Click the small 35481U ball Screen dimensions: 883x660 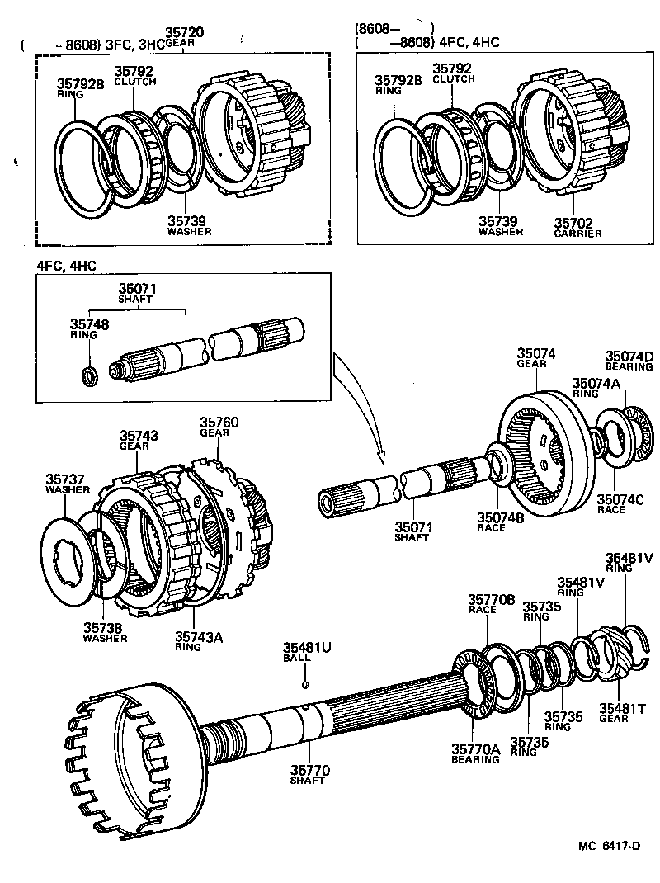coord(305,684)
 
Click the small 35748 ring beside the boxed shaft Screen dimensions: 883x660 coord(91,377)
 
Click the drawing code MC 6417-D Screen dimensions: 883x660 coord(610,846)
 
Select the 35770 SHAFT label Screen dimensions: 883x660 coord(309,775)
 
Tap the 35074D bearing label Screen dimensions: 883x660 coord(629,360)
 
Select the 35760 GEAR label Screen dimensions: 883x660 coord(219,427)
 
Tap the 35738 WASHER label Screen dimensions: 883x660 coord(105,632)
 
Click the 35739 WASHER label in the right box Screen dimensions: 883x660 coord(500,226)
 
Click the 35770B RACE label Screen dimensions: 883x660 coord(491,603)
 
